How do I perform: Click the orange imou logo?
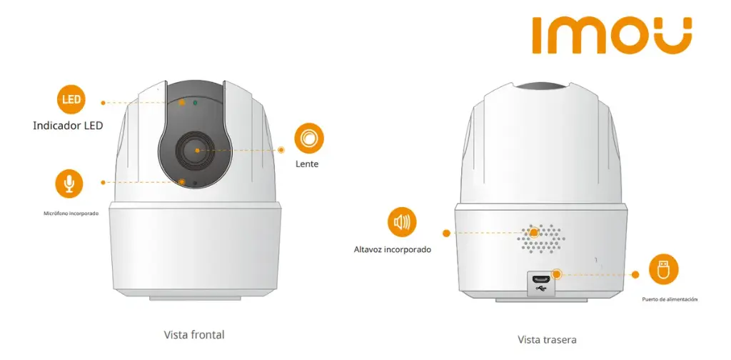pos(612,36)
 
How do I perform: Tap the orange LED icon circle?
pos(71,99)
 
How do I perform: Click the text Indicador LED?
pos(68,126)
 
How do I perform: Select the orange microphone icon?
pos(69,184)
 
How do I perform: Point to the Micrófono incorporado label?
pos(71,213)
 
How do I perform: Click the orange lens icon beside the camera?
pos(308,138)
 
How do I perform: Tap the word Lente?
pos(307,164)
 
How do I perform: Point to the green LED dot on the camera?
pos(195,102)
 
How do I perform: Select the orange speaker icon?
pos(402,222)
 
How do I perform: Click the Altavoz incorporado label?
pos(393,249)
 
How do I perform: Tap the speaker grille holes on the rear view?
pos(540,239)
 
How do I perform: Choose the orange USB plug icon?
pos(663,269)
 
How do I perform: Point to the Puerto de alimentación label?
pos(670,299)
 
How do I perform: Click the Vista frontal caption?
pos(194,335)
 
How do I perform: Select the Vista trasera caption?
pos(547,339)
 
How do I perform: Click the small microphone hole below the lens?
pos(194,184)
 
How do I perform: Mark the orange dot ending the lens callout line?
pos(281,150)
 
